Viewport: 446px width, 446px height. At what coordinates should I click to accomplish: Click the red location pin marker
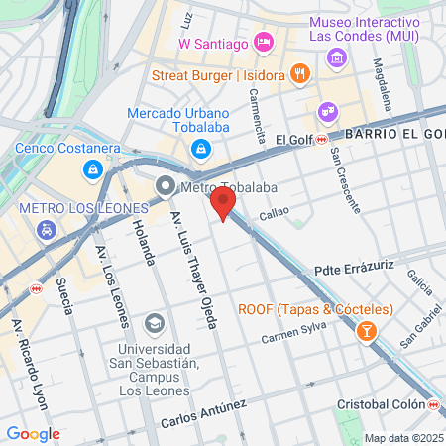(223, 204)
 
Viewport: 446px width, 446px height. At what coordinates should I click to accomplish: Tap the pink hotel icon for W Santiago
(263, 42)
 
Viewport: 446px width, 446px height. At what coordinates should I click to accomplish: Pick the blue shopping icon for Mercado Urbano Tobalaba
(200, 148)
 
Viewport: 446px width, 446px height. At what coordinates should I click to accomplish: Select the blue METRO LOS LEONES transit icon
(46, 229)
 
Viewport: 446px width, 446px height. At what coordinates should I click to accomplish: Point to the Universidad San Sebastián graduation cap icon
(155, 324)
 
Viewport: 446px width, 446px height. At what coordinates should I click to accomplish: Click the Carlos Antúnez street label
(203, 415)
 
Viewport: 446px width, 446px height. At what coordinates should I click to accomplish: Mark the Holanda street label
(144, 244)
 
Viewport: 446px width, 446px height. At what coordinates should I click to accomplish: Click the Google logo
(33, 433)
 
